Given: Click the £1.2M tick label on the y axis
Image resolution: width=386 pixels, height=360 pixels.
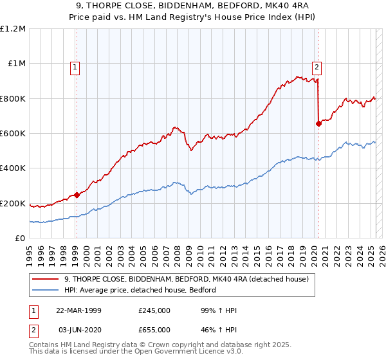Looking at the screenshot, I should click(13, 29).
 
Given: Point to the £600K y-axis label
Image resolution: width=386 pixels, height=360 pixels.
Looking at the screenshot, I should click(13, 134).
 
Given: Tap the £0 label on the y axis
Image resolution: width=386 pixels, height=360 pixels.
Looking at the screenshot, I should click(21, 239).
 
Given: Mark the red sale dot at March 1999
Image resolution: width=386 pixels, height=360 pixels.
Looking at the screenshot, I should click(77, 195).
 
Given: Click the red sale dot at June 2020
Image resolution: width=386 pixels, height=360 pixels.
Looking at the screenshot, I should click(318, 123).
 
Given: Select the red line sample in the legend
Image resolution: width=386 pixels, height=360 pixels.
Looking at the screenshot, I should click(46, 279).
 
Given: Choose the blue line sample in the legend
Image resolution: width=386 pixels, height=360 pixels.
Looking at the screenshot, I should click(46, 290).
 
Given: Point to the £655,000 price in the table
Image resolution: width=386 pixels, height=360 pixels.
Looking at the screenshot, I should click(154, 329).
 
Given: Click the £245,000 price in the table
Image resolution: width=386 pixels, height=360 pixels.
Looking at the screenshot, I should click(154, 310).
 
